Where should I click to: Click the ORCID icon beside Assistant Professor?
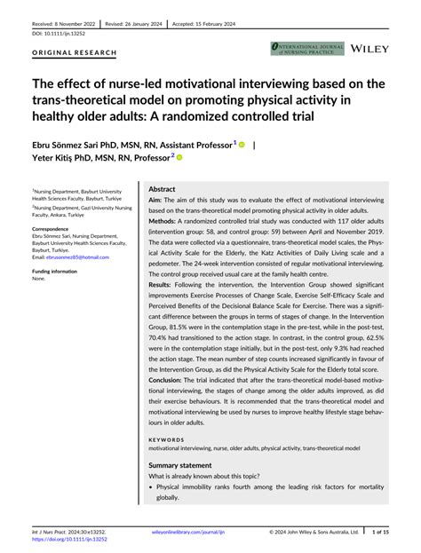(241, 144)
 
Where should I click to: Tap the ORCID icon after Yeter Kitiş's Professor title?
(179, 158)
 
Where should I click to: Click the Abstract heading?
(162, 190)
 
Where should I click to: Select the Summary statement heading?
(179, 465)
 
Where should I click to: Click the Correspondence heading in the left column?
(53, 228)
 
